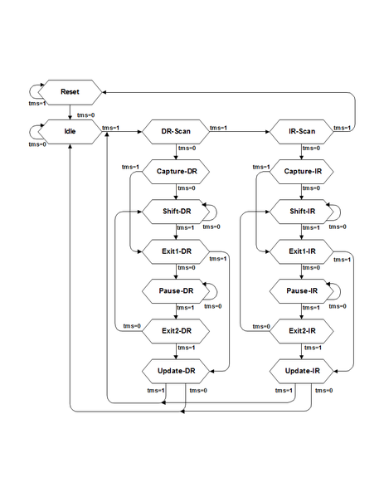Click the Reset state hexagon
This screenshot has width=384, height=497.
coord(70,92)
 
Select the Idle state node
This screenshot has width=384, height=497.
coord(70,132)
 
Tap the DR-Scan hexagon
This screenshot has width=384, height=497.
coord(176,132)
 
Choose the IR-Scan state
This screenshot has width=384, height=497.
coord(302,132)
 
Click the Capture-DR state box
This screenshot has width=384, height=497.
coord(176,172)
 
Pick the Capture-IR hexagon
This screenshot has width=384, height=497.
coord(302,172)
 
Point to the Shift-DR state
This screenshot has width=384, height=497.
coord(176,212)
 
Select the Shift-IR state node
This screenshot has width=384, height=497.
coord(302,212)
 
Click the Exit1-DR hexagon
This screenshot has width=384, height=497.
coord(176,251)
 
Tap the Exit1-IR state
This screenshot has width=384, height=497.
coord(302,251)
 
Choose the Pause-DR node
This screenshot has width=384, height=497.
coord(176,291)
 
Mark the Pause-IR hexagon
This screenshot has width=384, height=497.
coord(302,291)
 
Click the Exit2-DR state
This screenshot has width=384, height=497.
coord(176,331)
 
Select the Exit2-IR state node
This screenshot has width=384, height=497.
coord(302,331)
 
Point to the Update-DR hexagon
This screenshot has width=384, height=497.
coord(176,371)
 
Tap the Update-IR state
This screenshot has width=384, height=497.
coord(302,371)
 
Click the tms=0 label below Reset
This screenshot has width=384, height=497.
coord(86,115)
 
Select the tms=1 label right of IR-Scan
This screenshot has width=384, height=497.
coord(343,128)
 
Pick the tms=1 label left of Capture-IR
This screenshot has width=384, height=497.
coord(261,167)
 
